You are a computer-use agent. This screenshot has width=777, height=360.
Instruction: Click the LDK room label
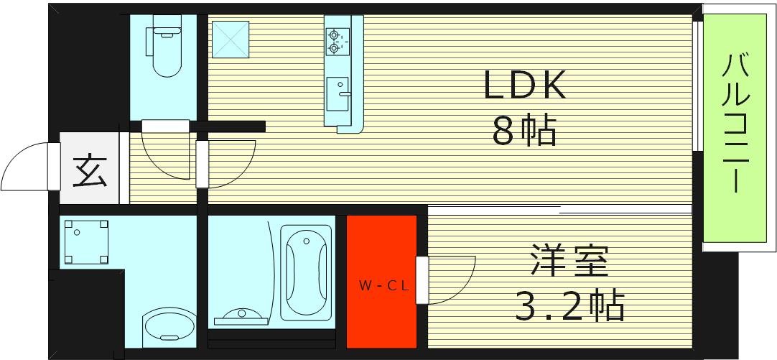[x=526, y=86]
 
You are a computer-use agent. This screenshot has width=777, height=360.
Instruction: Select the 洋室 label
[x=570, y=262]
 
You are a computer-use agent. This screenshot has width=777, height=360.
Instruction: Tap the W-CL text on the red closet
[x=383, y=285]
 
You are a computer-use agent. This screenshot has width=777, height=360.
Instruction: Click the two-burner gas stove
[x=335, y=40]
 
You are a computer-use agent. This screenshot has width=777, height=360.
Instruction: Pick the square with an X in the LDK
[x=230, y=39]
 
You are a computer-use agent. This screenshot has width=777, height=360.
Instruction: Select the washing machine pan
[x=85, y=241]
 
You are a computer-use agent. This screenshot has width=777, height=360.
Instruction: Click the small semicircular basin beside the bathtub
[x=240, y=315]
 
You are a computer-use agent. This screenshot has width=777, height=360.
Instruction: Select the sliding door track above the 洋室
[x=560, y=209]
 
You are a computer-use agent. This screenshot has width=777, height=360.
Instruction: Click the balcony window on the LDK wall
[x=697, y=86]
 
